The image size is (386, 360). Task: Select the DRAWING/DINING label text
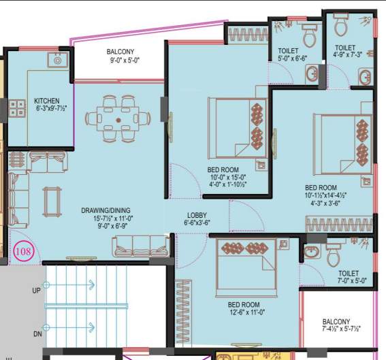pyautogui.click(x=106, y=210)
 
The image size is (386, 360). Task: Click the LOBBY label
pyautogui.click(x=197, y=214)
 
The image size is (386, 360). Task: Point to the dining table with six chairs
pyautogui.click(x=118, y=120)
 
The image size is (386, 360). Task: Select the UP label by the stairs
pyautogui.click(x=36, y=291)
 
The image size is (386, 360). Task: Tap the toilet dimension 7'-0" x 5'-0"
pyautogui.click(x=352, y=280)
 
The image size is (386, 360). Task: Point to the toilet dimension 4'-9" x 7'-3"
pyautogui.click(x=349, y=54)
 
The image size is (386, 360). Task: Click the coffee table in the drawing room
pyautogui.click(x=50, y=201)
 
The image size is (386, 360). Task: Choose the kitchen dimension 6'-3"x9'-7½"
pyautogui.click(x=51, y=109)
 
